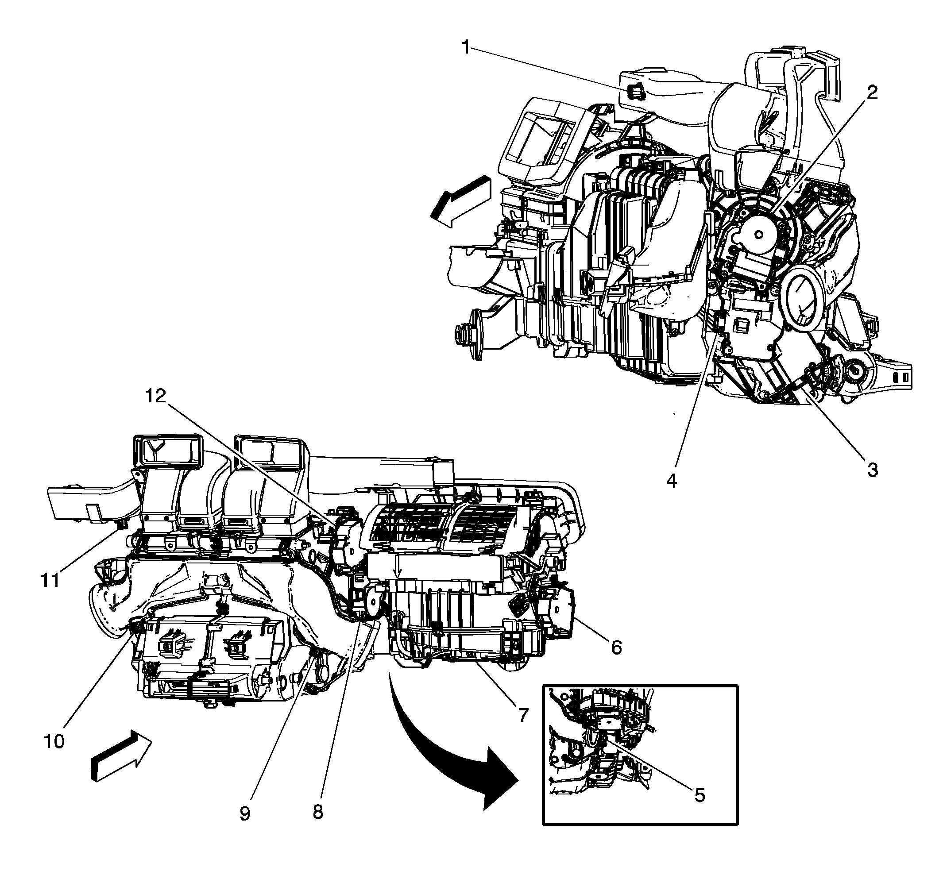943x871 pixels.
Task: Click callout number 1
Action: [466, 48]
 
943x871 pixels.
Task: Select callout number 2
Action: [872, 92]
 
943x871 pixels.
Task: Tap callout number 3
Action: [872, 470]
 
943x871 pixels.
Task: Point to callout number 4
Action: [672, 481]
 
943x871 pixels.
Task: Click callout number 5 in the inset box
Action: [699, 795]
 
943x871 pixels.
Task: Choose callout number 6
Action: [617, 647]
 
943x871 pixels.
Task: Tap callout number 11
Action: [50, 580]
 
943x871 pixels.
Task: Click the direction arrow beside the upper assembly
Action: [461, 201]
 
